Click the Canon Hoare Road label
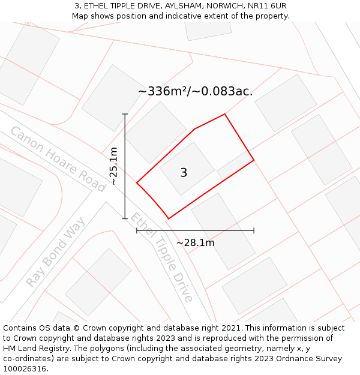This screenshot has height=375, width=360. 58,159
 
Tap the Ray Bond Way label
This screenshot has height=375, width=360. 56,252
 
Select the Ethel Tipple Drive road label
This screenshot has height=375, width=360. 162,257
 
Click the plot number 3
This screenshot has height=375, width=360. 184,173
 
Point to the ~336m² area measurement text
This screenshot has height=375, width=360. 195,92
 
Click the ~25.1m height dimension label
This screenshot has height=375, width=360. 113,166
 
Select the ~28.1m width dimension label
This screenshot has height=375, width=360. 195,243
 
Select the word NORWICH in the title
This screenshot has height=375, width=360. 223,6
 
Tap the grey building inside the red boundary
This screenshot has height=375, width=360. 187,168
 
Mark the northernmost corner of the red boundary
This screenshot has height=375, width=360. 225,114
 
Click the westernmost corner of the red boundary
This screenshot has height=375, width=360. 137,183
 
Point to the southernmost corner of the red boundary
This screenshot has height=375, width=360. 169,219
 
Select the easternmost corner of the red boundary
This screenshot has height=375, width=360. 254,160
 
